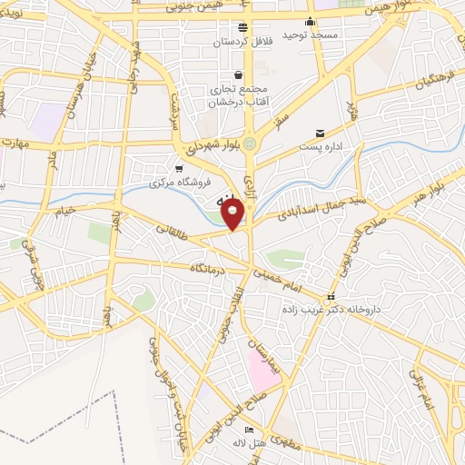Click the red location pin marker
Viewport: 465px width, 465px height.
pyautogui.click(x=233, y=214)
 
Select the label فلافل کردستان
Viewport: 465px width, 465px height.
pyautogui.click(x=242, y=43)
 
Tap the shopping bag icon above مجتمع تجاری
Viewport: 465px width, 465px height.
pyautogui.click(x=238, y=74)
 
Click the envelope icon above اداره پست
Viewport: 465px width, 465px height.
pyautogui.click(x=319, y=133)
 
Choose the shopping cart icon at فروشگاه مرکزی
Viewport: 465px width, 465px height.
pyautogui.click(x=180, y=169)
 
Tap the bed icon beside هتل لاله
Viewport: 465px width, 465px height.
pyautogui.click(x=249, y=430)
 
